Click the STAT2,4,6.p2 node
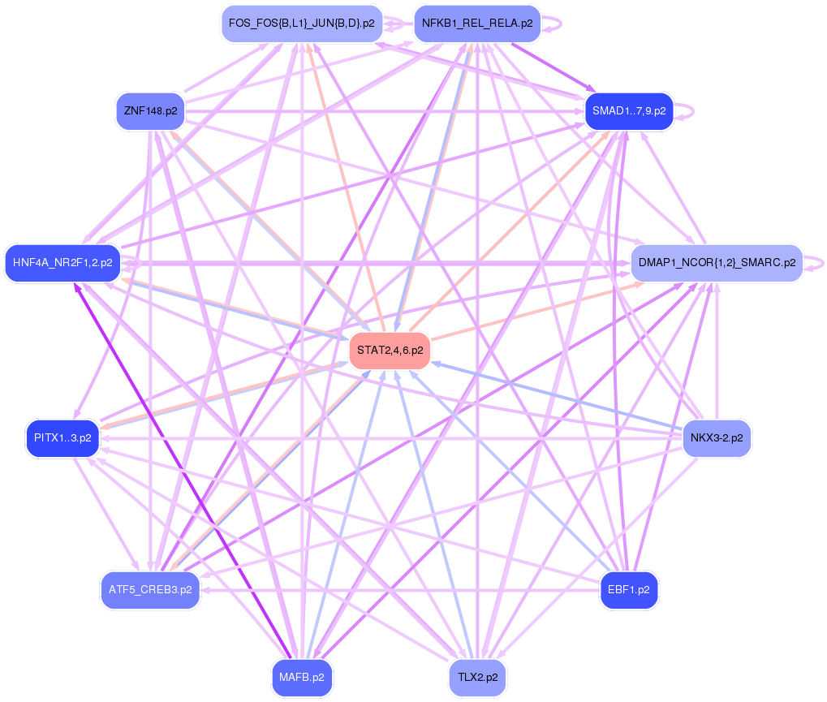point(390,350)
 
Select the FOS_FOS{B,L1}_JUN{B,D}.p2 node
point(301,24)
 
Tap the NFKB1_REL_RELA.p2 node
point(477,24)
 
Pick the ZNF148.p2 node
point(151,110)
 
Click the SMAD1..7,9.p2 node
point(629,110)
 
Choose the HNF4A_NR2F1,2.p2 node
point(62,262)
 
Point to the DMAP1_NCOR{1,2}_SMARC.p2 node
point(717,262)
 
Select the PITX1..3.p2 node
point(62,438)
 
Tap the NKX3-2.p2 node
point(716,438)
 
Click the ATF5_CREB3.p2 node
point(150,590)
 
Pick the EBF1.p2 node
point(628,590)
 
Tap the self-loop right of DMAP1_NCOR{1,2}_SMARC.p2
point(820,262)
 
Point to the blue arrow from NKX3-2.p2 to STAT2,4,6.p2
point(560,395)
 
